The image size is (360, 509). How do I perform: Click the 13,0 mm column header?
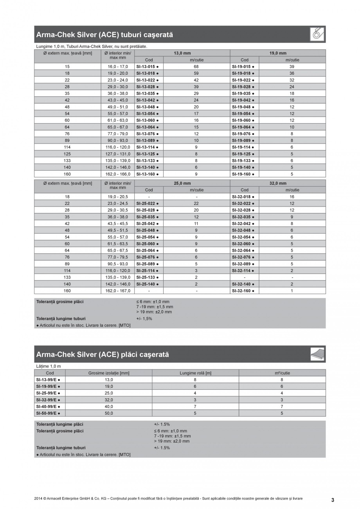[182, 53]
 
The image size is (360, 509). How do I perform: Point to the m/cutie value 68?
[196, 67]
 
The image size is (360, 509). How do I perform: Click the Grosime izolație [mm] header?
[109, 373]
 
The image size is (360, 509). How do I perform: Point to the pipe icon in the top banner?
[317, 34]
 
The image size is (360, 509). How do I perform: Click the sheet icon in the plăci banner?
[317, 354]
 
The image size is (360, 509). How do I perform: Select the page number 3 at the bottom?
[333, 500]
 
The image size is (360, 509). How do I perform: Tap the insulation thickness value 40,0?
[109, 406]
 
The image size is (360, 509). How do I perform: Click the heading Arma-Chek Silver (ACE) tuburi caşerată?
[104, 35]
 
